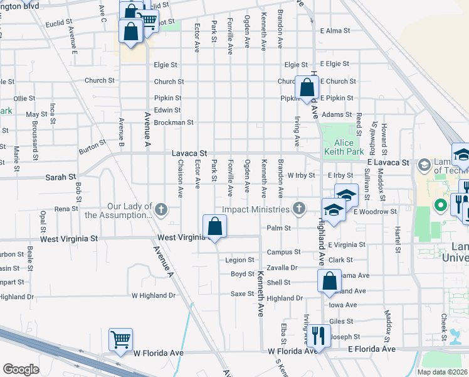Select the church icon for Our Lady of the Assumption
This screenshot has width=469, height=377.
pyautogui.click(x=162, y=209)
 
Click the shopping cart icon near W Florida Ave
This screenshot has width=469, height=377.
pyautogui.click(x=120, y=339)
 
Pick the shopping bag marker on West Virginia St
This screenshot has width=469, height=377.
pyautogui.click(x=214, y=227)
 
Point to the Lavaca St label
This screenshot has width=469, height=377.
pyautogui.click(x=189, y=153)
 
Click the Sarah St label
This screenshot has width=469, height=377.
pyautogui.click(x=60, y=178)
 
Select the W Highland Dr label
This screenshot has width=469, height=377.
pyautogui.click(x=154, y=295)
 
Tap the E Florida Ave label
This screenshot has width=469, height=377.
pyautogui.click(x=372, y=349)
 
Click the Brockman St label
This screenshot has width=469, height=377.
pyautogui.click(x=174, y=123)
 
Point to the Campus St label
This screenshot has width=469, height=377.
pyautogui.click(x=283, y=252)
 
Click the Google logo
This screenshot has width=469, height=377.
pyautogui.click(x=21, y=369)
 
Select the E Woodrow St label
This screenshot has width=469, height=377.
pyautogui.click(x=375, y=212)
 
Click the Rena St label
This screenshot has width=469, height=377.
pyautogui.click(x=66, y=209)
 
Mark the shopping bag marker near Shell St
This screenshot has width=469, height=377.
pyautogui.click(x=329, y=281)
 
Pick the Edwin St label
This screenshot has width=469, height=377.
pyautogui.click(x=167, y=110)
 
